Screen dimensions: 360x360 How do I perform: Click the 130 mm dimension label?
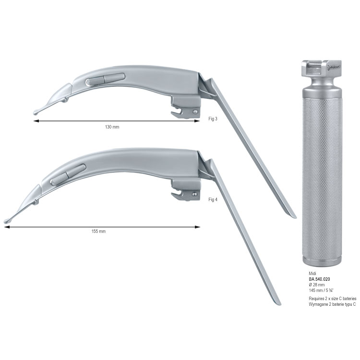112,127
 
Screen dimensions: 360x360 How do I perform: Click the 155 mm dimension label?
98,231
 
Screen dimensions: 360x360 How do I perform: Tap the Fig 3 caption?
213,119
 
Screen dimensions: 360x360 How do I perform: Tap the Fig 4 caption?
213,200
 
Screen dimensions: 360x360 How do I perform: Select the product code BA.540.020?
319,279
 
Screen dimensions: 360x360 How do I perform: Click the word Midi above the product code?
312,274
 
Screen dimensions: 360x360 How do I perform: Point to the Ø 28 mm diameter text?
317,285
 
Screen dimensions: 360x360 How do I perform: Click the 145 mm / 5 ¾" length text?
321,290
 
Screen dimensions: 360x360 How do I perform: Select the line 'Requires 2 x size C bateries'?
333,299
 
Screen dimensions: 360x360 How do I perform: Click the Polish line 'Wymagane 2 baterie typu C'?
332,304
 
